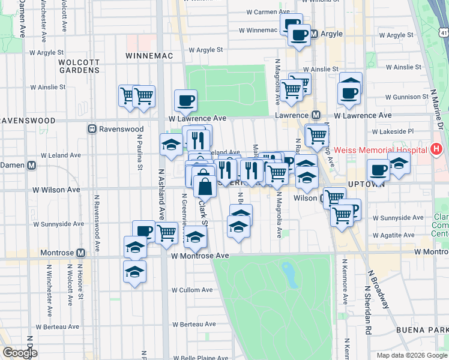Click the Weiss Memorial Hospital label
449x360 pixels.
coord(380,149)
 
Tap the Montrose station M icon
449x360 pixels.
coord(80,253)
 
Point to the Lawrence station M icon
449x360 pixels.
coord(315,115)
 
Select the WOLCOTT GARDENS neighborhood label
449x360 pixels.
coord(79,66)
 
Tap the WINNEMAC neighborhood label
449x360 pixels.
coord(149,56)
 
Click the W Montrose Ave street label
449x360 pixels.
coord(200,256)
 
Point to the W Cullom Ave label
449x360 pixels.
coord(192,290)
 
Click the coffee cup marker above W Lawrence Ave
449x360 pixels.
coord(185,100)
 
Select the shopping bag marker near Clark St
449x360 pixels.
coord(205,186)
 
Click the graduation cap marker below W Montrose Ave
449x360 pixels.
coord(134,272)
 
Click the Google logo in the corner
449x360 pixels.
coord(20,353)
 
